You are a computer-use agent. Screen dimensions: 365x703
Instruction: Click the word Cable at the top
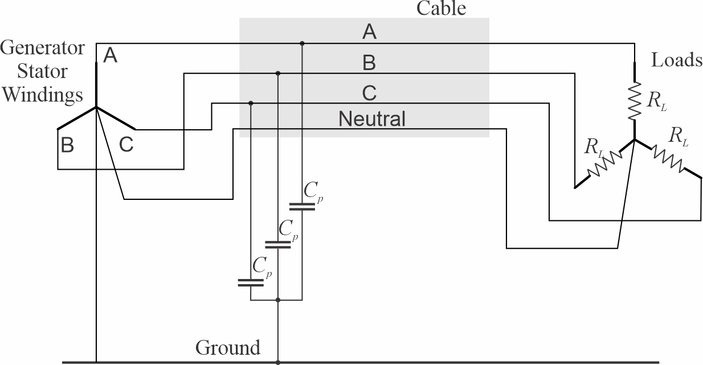442,8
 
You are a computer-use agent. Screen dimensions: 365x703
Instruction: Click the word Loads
677,60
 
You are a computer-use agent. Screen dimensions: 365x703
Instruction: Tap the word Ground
228,347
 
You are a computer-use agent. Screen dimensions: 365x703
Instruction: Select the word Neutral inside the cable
372,119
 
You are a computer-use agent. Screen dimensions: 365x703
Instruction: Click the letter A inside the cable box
369,33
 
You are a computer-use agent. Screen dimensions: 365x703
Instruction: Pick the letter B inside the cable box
369,63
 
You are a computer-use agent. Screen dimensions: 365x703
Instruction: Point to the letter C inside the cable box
369,93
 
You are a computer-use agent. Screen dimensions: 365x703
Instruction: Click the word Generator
42,47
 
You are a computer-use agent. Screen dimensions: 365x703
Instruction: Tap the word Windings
42,95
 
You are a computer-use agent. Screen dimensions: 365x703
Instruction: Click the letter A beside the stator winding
111,56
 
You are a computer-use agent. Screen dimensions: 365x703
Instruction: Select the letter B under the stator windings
67,146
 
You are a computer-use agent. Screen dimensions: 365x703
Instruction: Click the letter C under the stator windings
126,146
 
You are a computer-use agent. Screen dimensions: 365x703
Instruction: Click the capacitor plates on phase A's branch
302,206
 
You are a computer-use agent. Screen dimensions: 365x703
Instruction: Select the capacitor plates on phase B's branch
277,244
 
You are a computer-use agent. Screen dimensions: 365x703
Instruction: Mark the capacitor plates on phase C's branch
251,282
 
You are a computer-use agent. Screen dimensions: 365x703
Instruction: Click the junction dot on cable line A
302,43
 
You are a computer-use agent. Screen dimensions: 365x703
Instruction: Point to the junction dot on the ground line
277,362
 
